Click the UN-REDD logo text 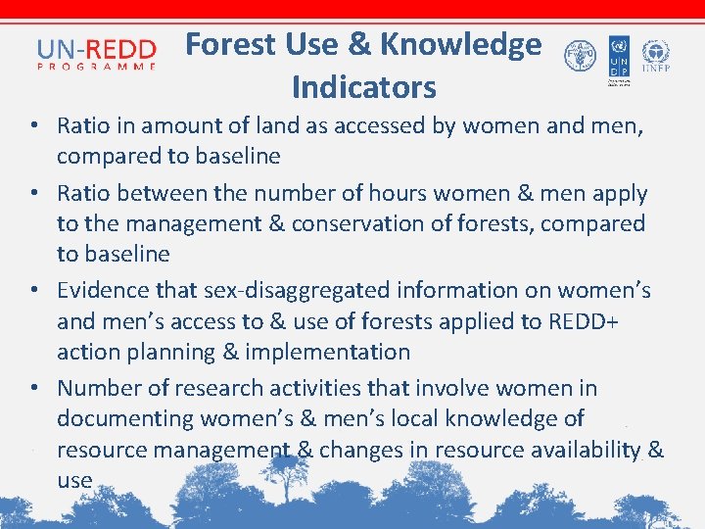coord(96,49)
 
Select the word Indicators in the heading coord(363,87)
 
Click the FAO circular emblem coord(579,57)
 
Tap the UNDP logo coord(618,57)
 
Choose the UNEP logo coord(655,55)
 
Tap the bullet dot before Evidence coord(34,291)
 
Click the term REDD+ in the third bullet coord(586,320)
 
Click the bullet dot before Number coord(34,389)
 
